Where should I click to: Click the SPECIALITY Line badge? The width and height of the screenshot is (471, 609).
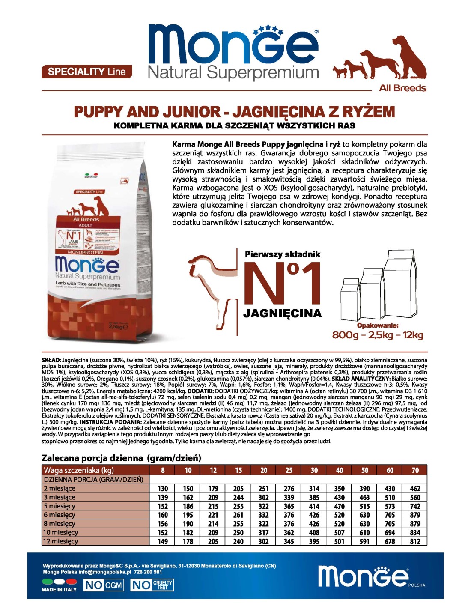86,72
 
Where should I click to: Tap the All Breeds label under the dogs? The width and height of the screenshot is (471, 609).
402,88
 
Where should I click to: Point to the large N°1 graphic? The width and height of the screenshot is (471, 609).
283,283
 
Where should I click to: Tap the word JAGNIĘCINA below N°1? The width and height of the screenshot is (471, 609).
283,313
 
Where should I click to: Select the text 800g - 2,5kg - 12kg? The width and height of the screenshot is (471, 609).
377,335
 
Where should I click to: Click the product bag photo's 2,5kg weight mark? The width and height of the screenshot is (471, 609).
116,327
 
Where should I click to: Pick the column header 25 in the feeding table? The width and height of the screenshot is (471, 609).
289,470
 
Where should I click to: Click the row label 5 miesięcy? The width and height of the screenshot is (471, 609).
60,506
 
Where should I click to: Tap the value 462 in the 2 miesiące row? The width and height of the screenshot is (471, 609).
415,488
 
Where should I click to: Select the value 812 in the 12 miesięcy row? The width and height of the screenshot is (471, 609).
415,541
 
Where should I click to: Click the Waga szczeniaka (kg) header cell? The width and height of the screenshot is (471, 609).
79,470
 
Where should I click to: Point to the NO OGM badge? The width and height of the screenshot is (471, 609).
103,585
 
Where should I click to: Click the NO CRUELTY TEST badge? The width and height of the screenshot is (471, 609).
152,585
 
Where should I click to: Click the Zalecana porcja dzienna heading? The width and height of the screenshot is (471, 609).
121,458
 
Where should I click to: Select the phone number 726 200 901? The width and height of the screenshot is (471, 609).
148,572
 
